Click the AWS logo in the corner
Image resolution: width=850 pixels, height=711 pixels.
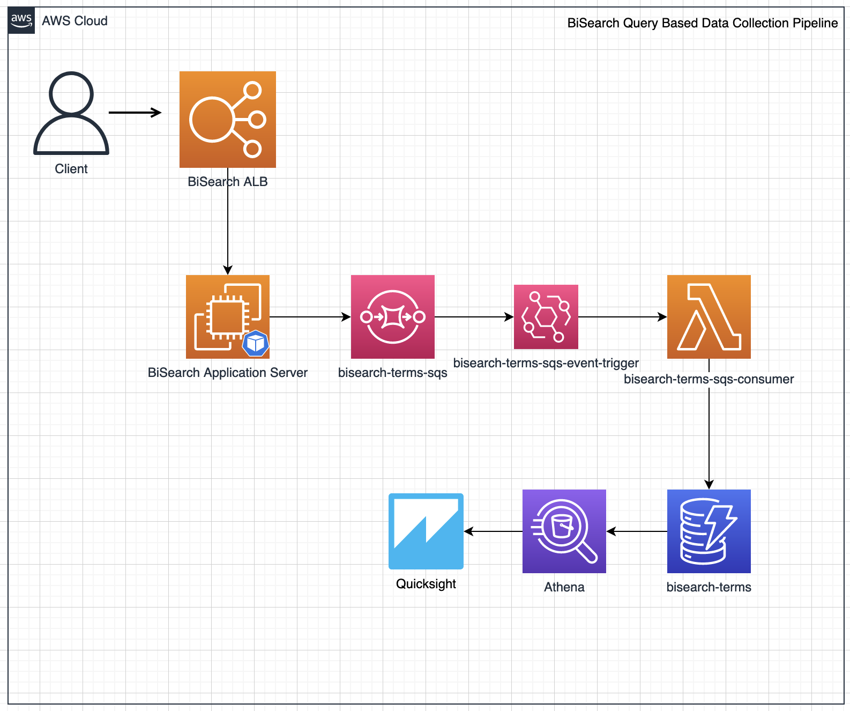tap(21, 21)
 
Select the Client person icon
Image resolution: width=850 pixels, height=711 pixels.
tap(71, 114)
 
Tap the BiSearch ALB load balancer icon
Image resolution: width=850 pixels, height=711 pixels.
tap(228, 120)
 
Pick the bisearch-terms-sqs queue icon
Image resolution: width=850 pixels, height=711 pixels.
tap(393, 317)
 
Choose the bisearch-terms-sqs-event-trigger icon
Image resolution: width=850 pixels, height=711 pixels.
tap(546, 317)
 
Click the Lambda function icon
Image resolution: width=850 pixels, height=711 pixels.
tap(709, 317)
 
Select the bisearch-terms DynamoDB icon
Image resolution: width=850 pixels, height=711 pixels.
tap(709, 531)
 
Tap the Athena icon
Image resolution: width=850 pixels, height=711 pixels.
tap(564, 531)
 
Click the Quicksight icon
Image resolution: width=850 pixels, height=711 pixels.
tap(426, 531)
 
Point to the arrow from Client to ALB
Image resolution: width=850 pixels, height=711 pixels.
tap(135, 113)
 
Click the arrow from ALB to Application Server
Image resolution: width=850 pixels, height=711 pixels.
tap(228, 231)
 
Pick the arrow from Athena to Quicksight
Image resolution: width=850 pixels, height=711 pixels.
tap(493, 531)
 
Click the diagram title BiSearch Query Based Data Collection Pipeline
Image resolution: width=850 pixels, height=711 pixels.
tap(702, 23)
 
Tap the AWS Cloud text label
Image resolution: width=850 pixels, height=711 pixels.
tap(75, 21)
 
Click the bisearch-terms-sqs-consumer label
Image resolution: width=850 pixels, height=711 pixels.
tap(709, 379)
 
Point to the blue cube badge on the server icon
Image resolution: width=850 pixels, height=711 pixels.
tap(256, 343)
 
